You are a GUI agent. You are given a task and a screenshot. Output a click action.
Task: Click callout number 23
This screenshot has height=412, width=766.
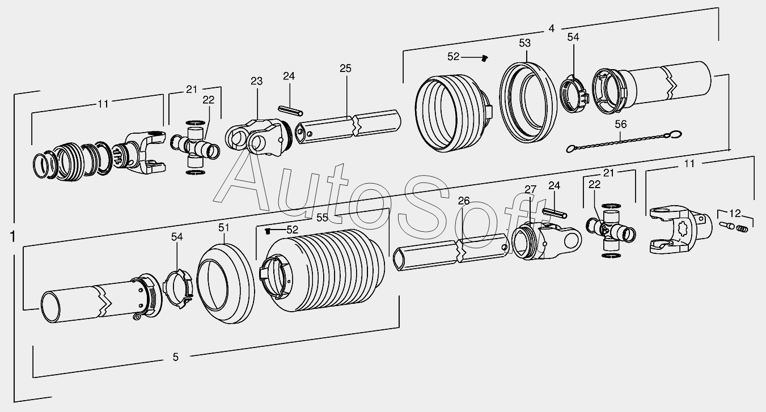tap(256, 81)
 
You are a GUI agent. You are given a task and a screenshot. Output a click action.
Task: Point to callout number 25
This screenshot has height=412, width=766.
tap(345, 69)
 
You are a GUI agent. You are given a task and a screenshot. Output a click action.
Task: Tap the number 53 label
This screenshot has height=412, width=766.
tap(524, 43)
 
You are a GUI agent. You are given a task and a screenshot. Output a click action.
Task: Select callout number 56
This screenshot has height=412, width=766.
tap(621, 124)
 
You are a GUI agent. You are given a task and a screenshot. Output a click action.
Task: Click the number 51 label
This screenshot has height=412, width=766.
tap(223, 228)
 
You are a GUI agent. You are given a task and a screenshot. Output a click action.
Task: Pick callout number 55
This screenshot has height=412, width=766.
tap(322, 218)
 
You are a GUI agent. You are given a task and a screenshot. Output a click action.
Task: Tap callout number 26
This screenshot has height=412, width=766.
tap(464, 201)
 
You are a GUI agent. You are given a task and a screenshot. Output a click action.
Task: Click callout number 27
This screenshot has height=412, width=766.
tap(530, 189)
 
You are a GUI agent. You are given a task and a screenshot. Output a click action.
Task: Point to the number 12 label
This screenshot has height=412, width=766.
tap(735, 214)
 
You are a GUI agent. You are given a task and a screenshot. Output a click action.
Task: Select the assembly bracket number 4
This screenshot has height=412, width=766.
tap(551, 28)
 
